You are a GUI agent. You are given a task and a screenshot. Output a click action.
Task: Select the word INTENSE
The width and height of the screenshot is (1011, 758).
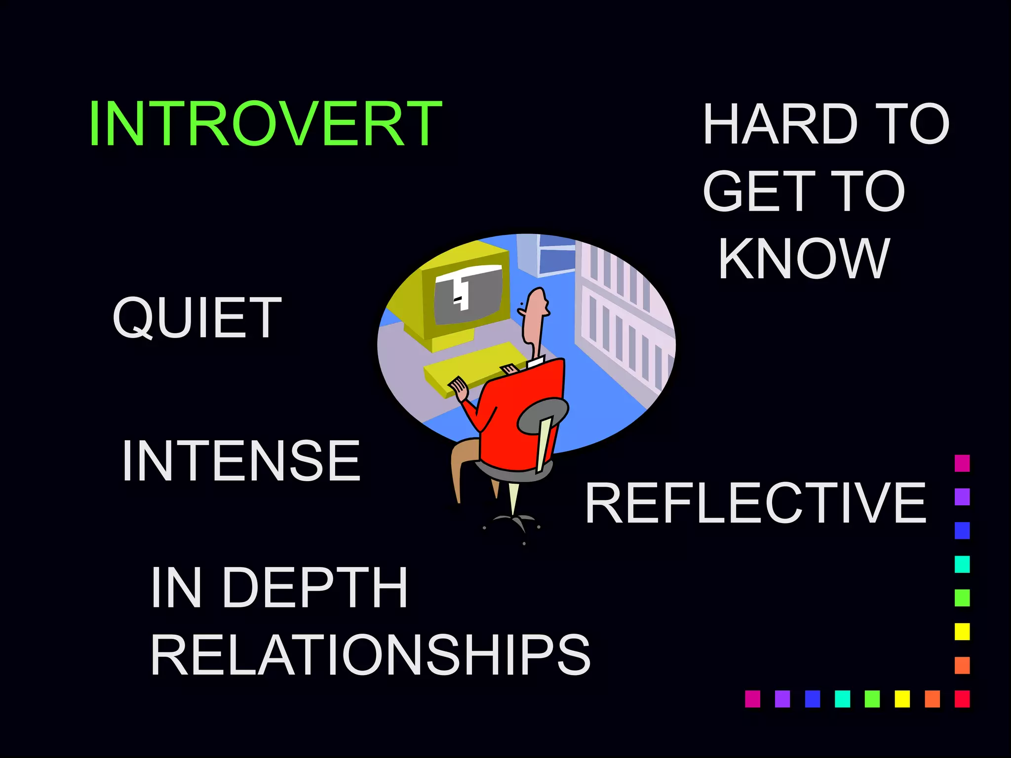pos(241,461)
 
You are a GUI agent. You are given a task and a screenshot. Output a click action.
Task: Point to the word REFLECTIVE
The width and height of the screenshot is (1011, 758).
pos(755,503)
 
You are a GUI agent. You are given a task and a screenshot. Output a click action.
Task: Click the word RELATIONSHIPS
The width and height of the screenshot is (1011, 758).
pos(370,655)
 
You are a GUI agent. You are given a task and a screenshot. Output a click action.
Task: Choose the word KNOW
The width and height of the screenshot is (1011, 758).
pos(804,259)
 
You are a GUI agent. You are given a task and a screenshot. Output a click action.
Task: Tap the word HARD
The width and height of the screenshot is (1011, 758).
pos(780,124)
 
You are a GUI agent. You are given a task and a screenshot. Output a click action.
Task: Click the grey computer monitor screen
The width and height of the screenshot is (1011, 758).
pos(469,296)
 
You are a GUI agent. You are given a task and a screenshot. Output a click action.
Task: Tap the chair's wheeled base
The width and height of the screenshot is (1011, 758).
pos(513,523)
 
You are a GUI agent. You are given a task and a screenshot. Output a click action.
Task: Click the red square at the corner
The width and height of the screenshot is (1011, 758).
pos(962,699)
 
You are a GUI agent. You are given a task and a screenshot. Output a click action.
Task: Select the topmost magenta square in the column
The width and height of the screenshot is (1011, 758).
pos(962,463)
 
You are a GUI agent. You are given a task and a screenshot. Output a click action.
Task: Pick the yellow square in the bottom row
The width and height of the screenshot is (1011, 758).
pos(902,699)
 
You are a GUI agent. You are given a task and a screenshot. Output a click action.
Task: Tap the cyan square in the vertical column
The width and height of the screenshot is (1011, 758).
pos(962,564)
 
